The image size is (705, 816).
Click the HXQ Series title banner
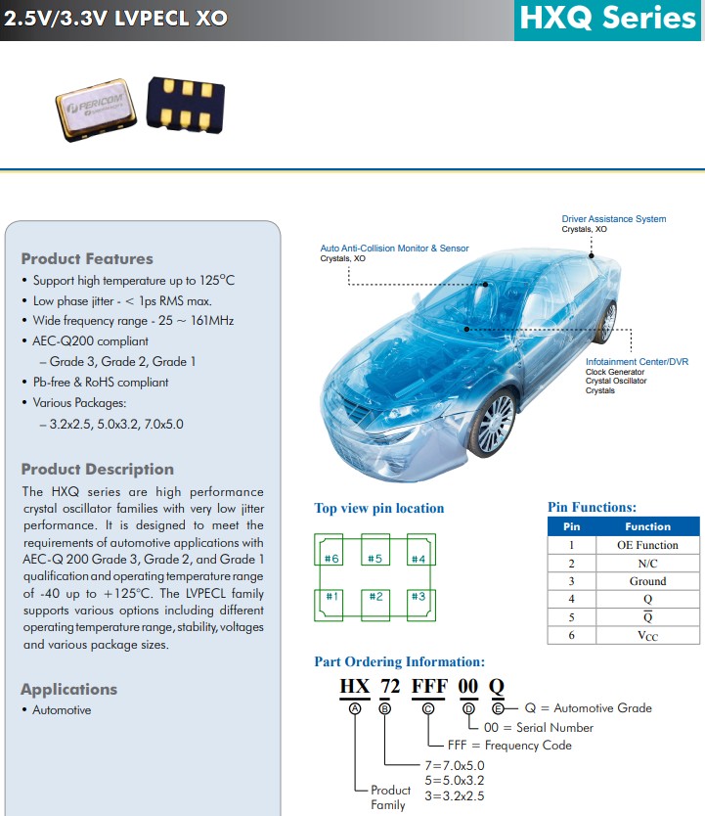[608, 19]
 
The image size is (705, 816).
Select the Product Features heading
[87, 259]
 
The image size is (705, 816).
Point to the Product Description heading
[97, 470]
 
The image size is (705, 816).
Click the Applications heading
[68, 690]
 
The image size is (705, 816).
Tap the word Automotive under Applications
[62, 710]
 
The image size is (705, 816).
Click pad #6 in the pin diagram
[332, 558]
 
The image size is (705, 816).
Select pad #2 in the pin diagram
[375, 596]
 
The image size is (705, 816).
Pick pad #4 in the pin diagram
[418, 558]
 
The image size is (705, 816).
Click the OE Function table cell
[647, 545]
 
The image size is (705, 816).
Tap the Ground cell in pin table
[647, 581]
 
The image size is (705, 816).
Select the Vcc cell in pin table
[647, 635]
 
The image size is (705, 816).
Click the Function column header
[647, 526]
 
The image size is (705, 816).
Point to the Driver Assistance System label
[613, 219]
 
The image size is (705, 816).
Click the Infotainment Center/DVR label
[637, 362]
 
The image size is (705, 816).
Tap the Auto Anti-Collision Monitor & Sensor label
[394, 249]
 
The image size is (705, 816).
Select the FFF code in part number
[429, 686]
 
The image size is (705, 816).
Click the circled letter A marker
[354, 708]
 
